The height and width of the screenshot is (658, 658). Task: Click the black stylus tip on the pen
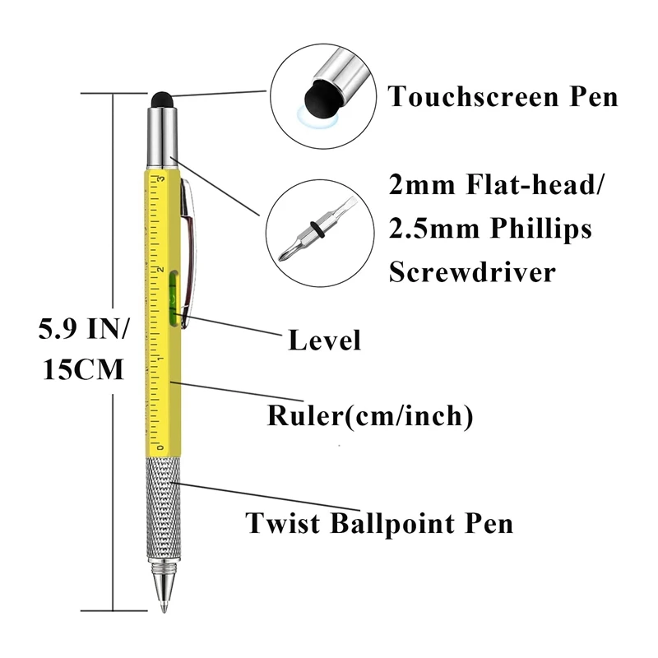(161, 98)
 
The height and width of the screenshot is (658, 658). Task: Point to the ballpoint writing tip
(164, 605)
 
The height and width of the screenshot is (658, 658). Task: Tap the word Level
(324, 340)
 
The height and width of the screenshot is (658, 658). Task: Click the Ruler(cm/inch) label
(370, 415)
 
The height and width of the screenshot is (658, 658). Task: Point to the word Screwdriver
(471, 271)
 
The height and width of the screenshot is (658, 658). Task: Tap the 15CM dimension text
(81, 369)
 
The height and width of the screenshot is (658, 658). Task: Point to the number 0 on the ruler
(161, 447)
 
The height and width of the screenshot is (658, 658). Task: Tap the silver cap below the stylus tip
(161, 133)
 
